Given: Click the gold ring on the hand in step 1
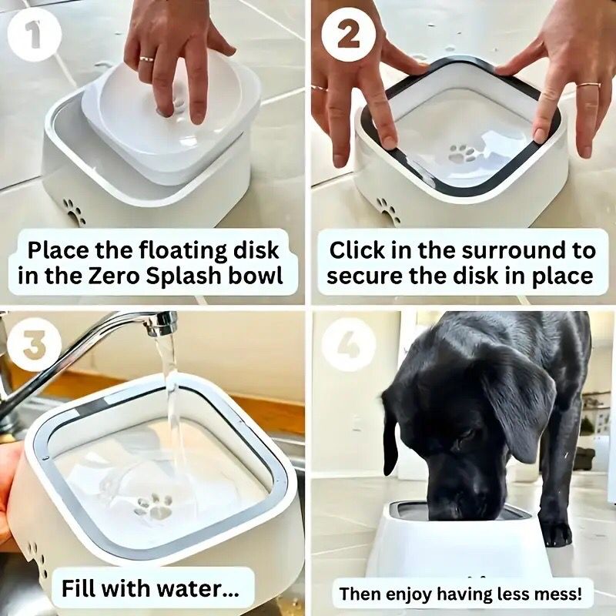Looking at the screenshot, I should click(146, 59).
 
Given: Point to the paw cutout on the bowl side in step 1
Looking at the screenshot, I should click(75, 211).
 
